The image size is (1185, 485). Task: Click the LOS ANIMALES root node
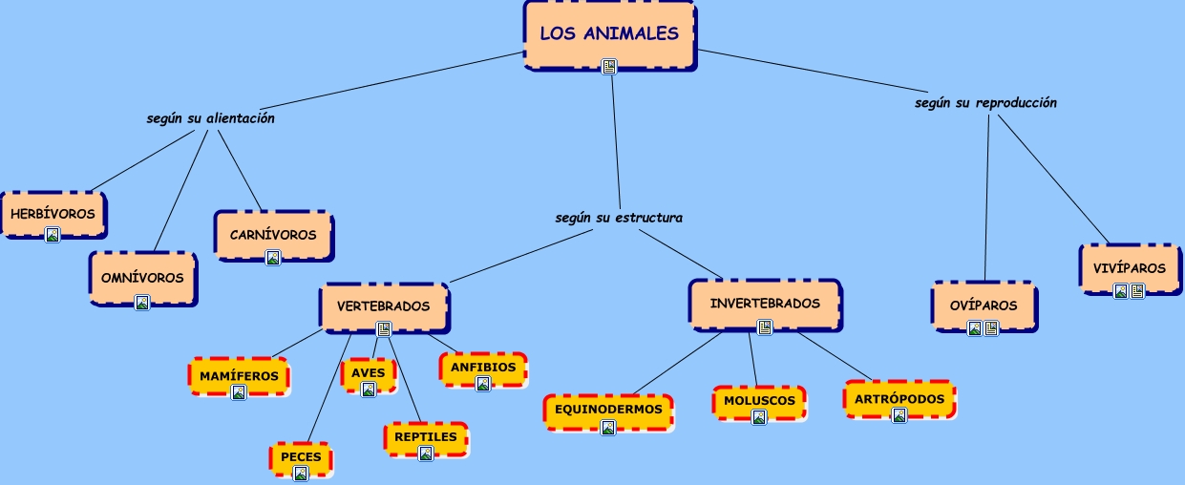[x=609, y=34]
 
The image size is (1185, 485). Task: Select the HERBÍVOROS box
[x=53, y=214]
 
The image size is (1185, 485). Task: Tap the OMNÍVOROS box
[x=142, y=278]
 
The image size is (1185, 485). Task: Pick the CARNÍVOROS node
[x=273, y=234]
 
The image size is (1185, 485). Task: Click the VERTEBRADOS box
[x=383, y=306]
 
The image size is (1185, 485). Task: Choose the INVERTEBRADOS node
[x=764, y=304]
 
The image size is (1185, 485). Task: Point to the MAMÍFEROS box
[x=239, y=376]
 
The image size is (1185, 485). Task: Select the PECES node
[x=301, y=457]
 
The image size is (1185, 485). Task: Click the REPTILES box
[x=426, y=437]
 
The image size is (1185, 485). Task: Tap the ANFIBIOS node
[x=482, y=368]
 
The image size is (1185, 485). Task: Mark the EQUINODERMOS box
[x=607, y=410]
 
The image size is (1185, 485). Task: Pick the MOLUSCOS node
[x=758, y=401]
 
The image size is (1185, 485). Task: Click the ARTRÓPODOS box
[x=899, y=399]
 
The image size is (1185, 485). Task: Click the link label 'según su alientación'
[x=210, y=118]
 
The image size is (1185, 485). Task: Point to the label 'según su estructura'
[x=619, y=217]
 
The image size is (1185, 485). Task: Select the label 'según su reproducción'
[x=985, y=102]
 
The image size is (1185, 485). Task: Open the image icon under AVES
[x=369, y=389]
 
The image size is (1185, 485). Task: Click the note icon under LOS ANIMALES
[x=609, y=66]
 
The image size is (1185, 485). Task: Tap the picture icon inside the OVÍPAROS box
[x=975, y=328]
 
